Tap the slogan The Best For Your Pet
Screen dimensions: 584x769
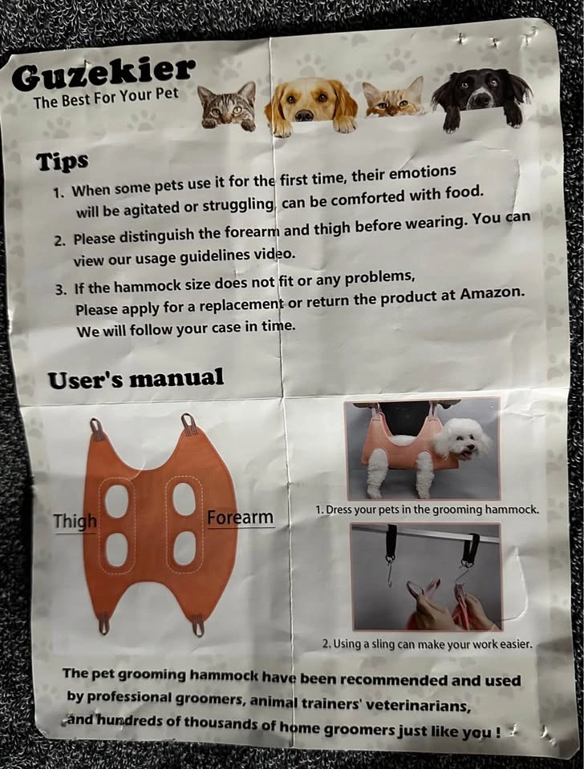(x=106, y=97)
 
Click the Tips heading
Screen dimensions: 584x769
(x=62, y=162)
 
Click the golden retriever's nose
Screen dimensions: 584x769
(x=305, y=115)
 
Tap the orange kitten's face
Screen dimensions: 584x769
(x=392, y=98)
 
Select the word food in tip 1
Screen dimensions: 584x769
(x=463, y=191)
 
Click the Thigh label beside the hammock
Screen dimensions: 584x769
(x=75, y=521)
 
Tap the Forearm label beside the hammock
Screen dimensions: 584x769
(x=240, y=517)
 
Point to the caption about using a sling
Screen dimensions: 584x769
(x=427, y=643)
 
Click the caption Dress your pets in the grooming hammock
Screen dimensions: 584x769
(x=427, y=509)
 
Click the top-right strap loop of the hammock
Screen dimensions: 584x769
(x=189, y=423)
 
